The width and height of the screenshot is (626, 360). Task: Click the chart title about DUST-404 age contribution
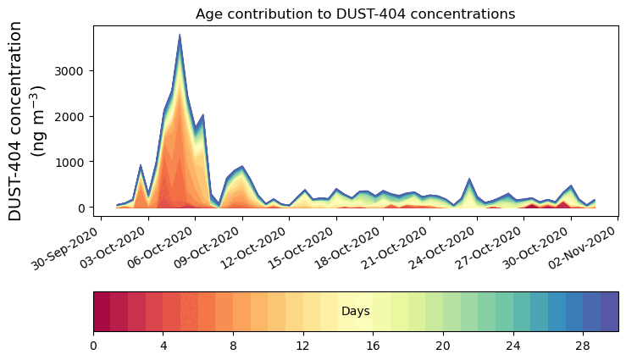pos(355,14)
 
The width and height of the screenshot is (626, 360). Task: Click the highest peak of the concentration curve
pos(180,36)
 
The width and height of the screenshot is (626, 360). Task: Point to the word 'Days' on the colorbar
pos(355,312)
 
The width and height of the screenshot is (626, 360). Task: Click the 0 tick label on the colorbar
pos(93,346)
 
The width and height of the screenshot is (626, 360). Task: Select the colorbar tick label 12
pos(302,346)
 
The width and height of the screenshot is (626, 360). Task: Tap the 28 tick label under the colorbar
pos(583,346)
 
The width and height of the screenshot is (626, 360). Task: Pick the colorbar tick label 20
pos(443,346)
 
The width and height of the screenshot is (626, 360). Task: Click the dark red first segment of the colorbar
pos(102,311)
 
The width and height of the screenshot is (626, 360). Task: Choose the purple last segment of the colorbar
pos(609,311)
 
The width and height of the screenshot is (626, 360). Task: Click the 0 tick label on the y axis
pos(83,208)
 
